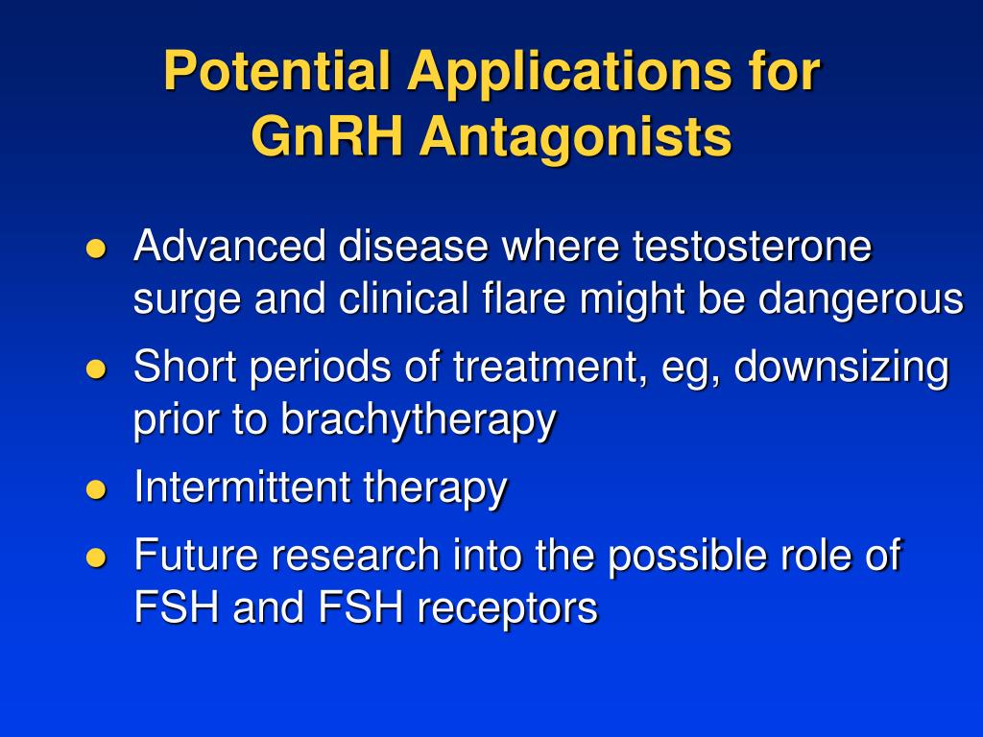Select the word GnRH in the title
[x=326, y=136]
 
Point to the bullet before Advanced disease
[x=95, y=249]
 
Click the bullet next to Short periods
[x=95, y=368]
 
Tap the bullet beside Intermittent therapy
[x=95, y=488]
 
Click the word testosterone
[x=751, y=246]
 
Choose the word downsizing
[x=841, y=368]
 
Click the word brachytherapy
[x=418, y=421]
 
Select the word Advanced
[x=229, y=246]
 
